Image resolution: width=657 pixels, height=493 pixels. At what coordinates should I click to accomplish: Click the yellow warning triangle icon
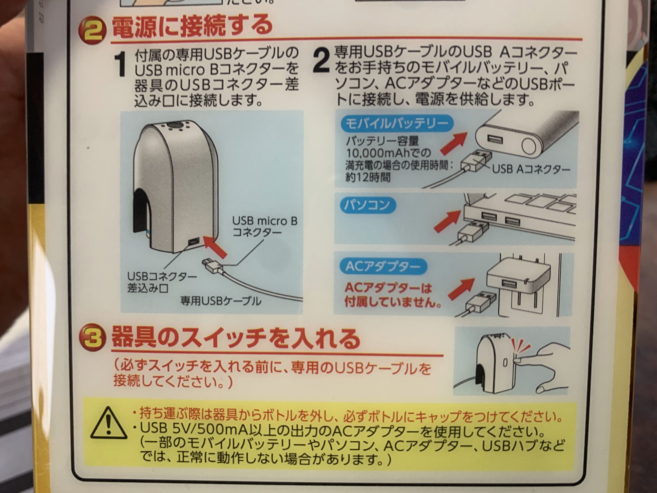pyautogui.click(x=108, y=423)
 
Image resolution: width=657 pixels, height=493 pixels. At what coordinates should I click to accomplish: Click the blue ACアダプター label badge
pyautogui.click(x=383, y=267)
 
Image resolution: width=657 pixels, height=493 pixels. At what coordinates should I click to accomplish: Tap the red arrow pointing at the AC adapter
pyautogui.click(x=461, y=288)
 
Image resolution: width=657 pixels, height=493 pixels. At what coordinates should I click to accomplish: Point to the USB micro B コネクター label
pyautogui.click(x=264, y=226)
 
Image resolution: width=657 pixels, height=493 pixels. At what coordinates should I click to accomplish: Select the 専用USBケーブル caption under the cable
pyautogui.click(x=221, y=301)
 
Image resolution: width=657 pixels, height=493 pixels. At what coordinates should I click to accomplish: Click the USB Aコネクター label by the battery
pyautogui.click(x=531, y=169)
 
